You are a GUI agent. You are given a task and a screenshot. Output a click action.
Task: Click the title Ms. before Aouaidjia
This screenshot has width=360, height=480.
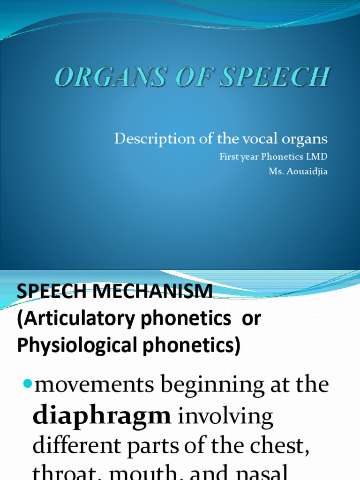276,171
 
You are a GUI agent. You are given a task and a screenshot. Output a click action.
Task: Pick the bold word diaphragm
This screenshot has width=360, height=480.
101,416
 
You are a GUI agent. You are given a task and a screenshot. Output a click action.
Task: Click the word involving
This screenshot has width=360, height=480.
225,416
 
